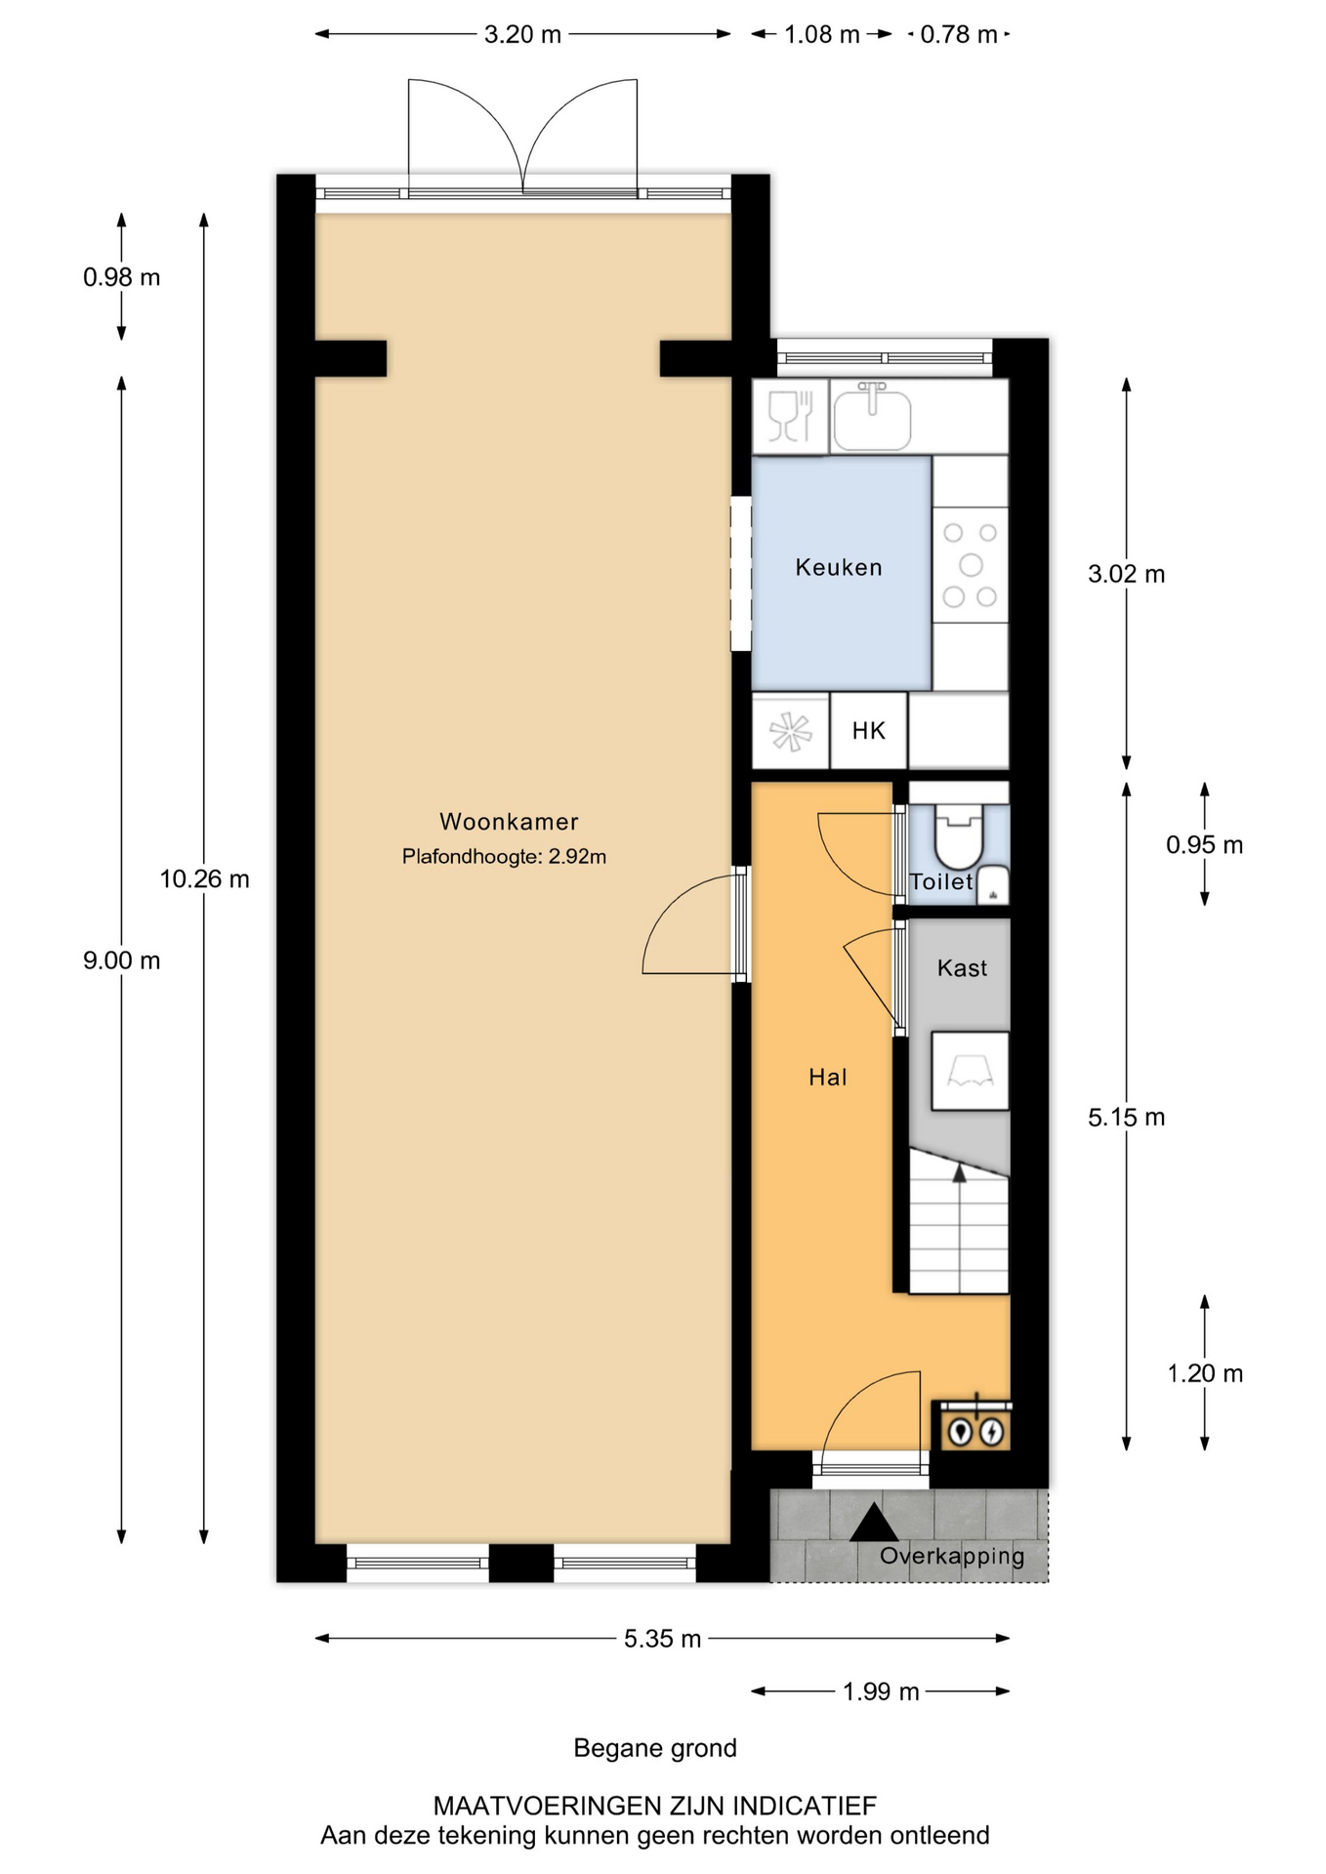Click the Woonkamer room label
509,822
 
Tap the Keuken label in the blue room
839,567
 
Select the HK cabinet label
868,731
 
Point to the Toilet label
941,881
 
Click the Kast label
962,968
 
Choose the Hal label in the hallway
828,1078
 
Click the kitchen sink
872,417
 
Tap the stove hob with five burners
970,565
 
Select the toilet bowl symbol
958,835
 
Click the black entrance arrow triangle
873,1523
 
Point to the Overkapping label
952,1556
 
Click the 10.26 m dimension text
205,879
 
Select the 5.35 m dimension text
663,1639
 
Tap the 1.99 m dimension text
881,1691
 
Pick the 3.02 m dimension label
1127,574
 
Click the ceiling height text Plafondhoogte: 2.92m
504,857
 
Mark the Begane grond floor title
655,1748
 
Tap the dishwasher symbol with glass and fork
791,417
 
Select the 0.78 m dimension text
959,35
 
